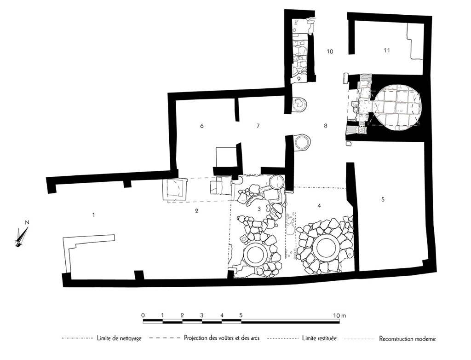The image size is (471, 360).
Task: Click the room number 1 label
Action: [x=94, y=215]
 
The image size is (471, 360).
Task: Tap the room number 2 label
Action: [x=196, y=211]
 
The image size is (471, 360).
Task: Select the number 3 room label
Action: [x=259, y=209]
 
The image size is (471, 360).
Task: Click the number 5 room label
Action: [x=383, y=199]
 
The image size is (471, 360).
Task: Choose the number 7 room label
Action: [x=258, y=126]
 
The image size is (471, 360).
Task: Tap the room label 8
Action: [x=326, y=126]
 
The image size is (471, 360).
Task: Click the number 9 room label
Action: [x=299, y=79]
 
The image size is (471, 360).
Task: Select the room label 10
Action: [x=330, y=52]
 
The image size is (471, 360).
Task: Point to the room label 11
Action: [x=386, y=50]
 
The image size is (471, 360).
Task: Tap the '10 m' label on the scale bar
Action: [x=340, y=315]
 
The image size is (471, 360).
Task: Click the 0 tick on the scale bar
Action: [x=144, y=315]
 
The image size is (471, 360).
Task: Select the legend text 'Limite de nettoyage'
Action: [x=119, y=338]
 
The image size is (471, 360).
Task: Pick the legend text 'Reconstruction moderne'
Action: [x=407, y=339]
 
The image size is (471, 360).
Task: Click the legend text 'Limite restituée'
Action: [x=319, y=338]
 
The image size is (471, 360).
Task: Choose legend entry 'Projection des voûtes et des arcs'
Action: [x=222, y=338]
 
